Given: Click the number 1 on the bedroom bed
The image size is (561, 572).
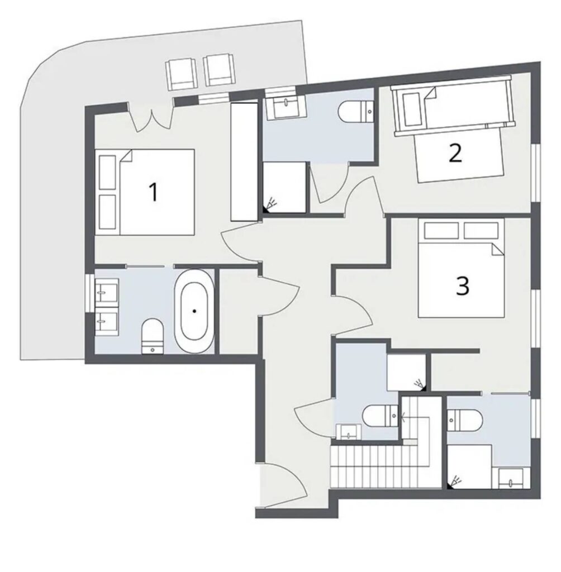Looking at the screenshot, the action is [x=154, y=192].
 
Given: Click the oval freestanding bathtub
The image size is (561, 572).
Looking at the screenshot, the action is [x=194, y=311].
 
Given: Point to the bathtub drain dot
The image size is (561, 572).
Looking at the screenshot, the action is [x=194, y=311].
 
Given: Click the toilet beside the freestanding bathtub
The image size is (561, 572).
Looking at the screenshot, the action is [x=152, y=336].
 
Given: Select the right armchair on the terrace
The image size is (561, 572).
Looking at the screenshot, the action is [x=218, y=70].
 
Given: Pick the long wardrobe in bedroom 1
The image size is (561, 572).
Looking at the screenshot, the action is [x=244, y=161].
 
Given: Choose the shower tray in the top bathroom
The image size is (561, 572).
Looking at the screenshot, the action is [x=284, y=187].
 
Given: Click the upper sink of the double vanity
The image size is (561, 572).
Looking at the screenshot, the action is [x=106, y=290].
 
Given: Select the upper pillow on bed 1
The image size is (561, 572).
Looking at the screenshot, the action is [x=107, y=172].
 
